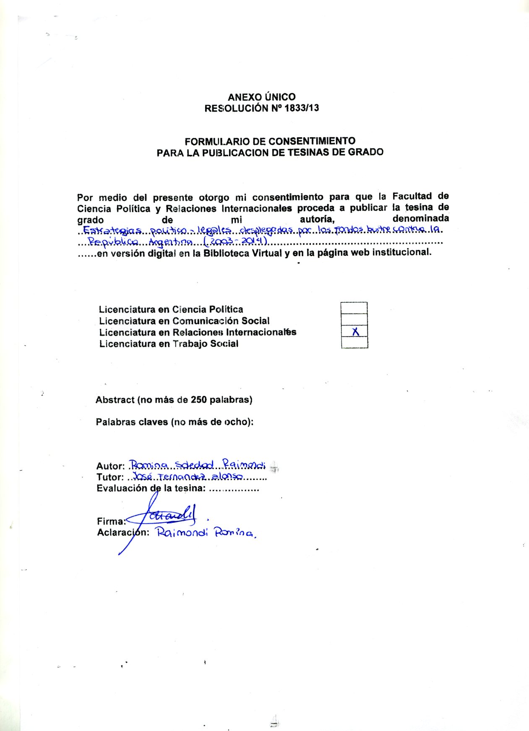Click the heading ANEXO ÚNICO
click(x=261, y=97)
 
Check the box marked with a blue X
click(x=354, y=332)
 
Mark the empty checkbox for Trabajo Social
click(x=354, y=343)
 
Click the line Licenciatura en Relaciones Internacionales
click(x=198, y=333)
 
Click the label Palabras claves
click(x=132, y=422)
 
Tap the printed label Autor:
click(x=111, y=466)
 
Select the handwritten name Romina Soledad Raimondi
click(x=197, y=465)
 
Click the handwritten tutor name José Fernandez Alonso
click(x=188, y=476)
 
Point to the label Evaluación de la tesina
click(x=151, y=488)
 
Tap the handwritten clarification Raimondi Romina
click(x=206, y=533)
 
